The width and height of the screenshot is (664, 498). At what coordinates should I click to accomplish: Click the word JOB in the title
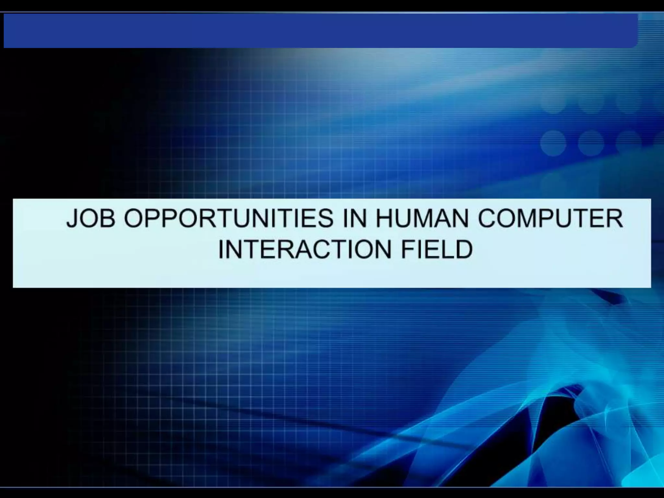[x=91, y=218]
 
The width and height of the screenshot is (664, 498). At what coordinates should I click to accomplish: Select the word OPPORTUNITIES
[x=229, y=218]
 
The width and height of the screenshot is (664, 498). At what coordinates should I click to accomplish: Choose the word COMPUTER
[x=550, y=218]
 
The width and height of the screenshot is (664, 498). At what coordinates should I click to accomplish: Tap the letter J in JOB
[x=72, y=218]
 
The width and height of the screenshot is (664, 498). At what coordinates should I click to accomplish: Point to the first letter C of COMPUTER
[x=488, y=218]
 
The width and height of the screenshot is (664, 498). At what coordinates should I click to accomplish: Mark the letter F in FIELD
[x=409, y=249]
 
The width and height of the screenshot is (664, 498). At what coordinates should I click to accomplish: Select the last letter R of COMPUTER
[x=614, y=218]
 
